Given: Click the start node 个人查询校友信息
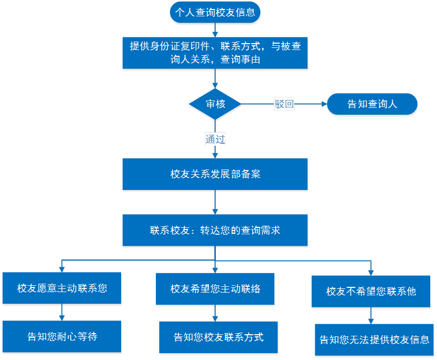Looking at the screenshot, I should click(x=215, y=13).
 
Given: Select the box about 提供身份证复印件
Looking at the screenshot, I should click(x=215, y=53).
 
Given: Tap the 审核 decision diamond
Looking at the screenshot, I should click(x=215, y=104).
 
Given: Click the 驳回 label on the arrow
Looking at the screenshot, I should click(x=284, y=104).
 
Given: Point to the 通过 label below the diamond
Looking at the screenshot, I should click(x=215, y=139).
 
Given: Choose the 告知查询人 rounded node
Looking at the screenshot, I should click(x=372, y=104).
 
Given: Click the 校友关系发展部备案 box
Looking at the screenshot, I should click(x=215, y=174).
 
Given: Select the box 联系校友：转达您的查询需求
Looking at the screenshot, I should click(x=215, y=231).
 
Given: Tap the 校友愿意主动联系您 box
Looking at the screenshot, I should click(x=62, y=288).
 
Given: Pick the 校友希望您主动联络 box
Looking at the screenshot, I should click(x=215, y=289).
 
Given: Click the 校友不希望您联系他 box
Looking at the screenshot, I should click(x=371, y=291).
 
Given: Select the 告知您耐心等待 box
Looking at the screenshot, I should click(x=62, y=336).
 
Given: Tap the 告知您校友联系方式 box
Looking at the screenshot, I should click(x=219, y=337).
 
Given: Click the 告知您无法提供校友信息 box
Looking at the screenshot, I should click(x=374, y=340).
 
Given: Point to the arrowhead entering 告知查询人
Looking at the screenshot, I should click(x=323, y=104).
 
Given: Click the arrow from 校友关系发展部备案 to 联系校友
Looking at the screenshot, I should click(x=215, y=203).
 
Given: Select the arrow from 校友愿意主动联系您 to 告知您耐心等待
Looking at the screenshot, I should click(x=62, y=313).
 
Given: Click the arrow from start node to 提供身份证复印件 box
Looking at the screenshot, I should click(x=215, y=30).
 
